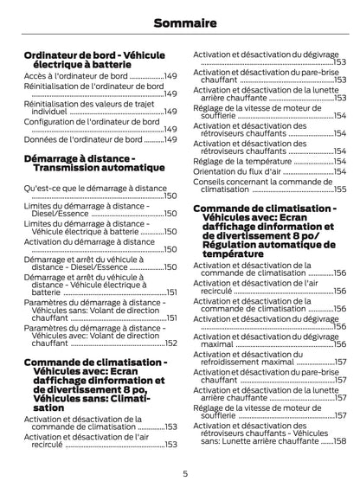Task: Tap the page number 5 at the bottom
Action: (x=185, y=473)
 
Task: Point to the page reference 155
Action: (x=340, y=189)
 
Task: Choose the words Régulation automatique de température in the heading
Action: (x=260, y=250)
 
